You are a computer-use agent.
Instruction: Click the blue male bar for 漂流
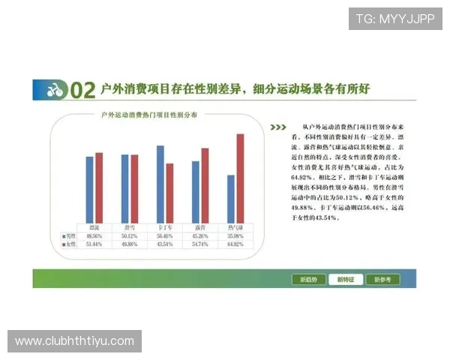89,189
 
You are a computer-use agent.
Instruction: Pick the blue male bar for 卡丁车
160,184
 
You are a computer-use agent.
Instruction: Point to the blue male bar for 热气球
231,198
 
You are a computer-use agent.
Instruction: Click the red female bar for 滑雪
134,188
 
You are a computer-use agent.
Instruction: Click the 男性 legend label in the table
70,235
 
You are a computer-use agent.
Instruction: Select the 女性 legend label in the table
70,244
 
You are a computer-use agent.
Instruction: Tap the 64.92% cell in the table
235,244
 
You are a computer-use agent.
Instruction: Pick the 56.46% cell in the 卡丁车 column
164,235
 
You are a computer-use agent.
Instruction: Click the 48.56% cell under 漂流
94,235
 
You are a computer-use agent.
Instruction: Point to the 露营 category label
199,226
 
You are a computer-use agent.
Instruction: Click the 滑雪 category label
129,226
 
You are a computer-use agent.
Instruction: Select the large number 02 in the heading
82,91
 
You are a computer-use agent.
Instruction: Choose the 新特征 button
349,279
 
